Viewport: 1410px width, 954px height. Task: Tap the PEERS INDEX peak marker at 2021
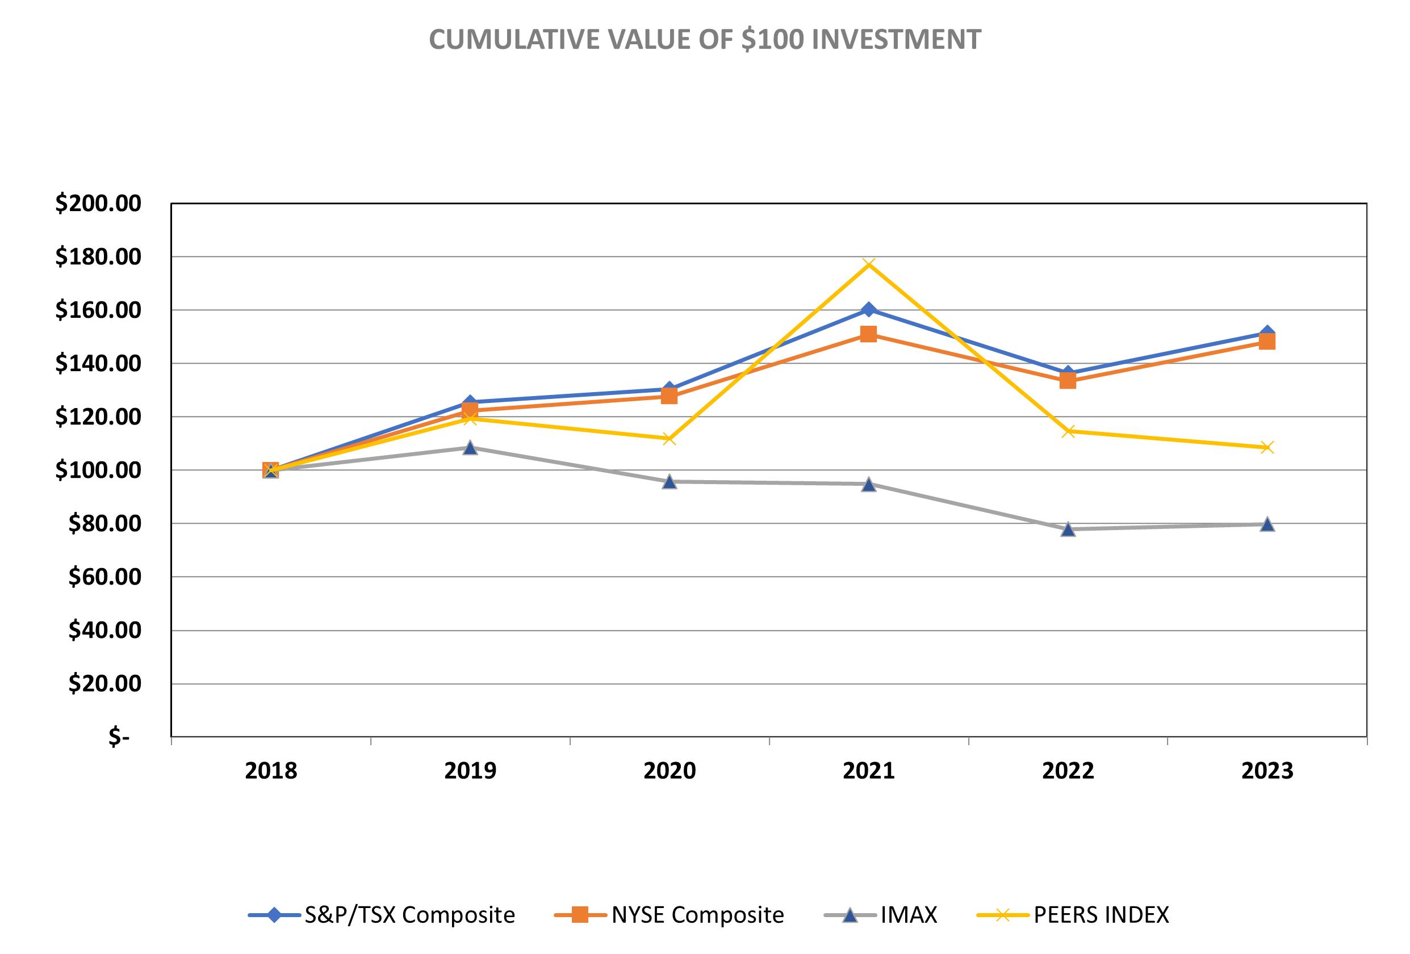868,264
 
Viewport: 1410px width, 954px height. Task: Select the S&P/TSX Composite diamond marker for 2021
868,309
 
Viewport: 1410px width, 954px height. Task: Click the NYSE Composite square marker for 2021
868,334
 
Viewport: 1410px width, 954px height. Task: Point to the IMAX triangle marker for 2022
1068,529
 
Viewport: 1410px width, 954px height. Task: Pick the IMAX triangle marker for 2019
470,448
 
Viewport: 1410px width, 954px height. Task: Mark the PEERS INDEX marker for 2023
1267,448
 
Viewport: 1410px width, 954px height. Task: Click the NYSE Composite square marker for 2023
1267,342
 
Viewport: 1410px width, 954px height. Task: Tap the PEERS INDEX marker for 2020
669,439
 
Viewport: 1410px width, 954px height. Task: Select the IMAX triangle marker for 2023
1267,524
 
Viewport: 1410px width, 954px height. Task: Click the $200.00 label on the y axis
98,204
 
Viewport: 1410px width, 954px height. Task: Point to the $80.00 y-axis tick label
104,523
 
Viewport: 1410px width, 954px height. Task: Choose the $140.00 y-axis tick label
98,364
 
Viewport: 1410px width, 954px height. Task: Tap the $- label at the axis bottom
119,737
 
